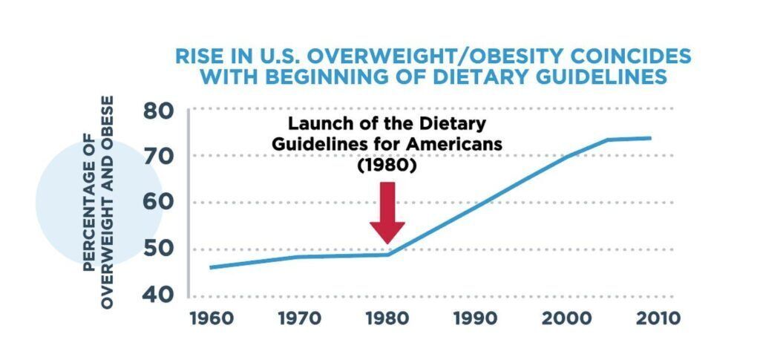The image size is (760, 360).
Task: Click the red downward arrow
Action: (x=387, y=212)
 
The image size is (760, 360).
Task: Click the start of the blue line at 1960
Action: (x=212, y=267)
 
